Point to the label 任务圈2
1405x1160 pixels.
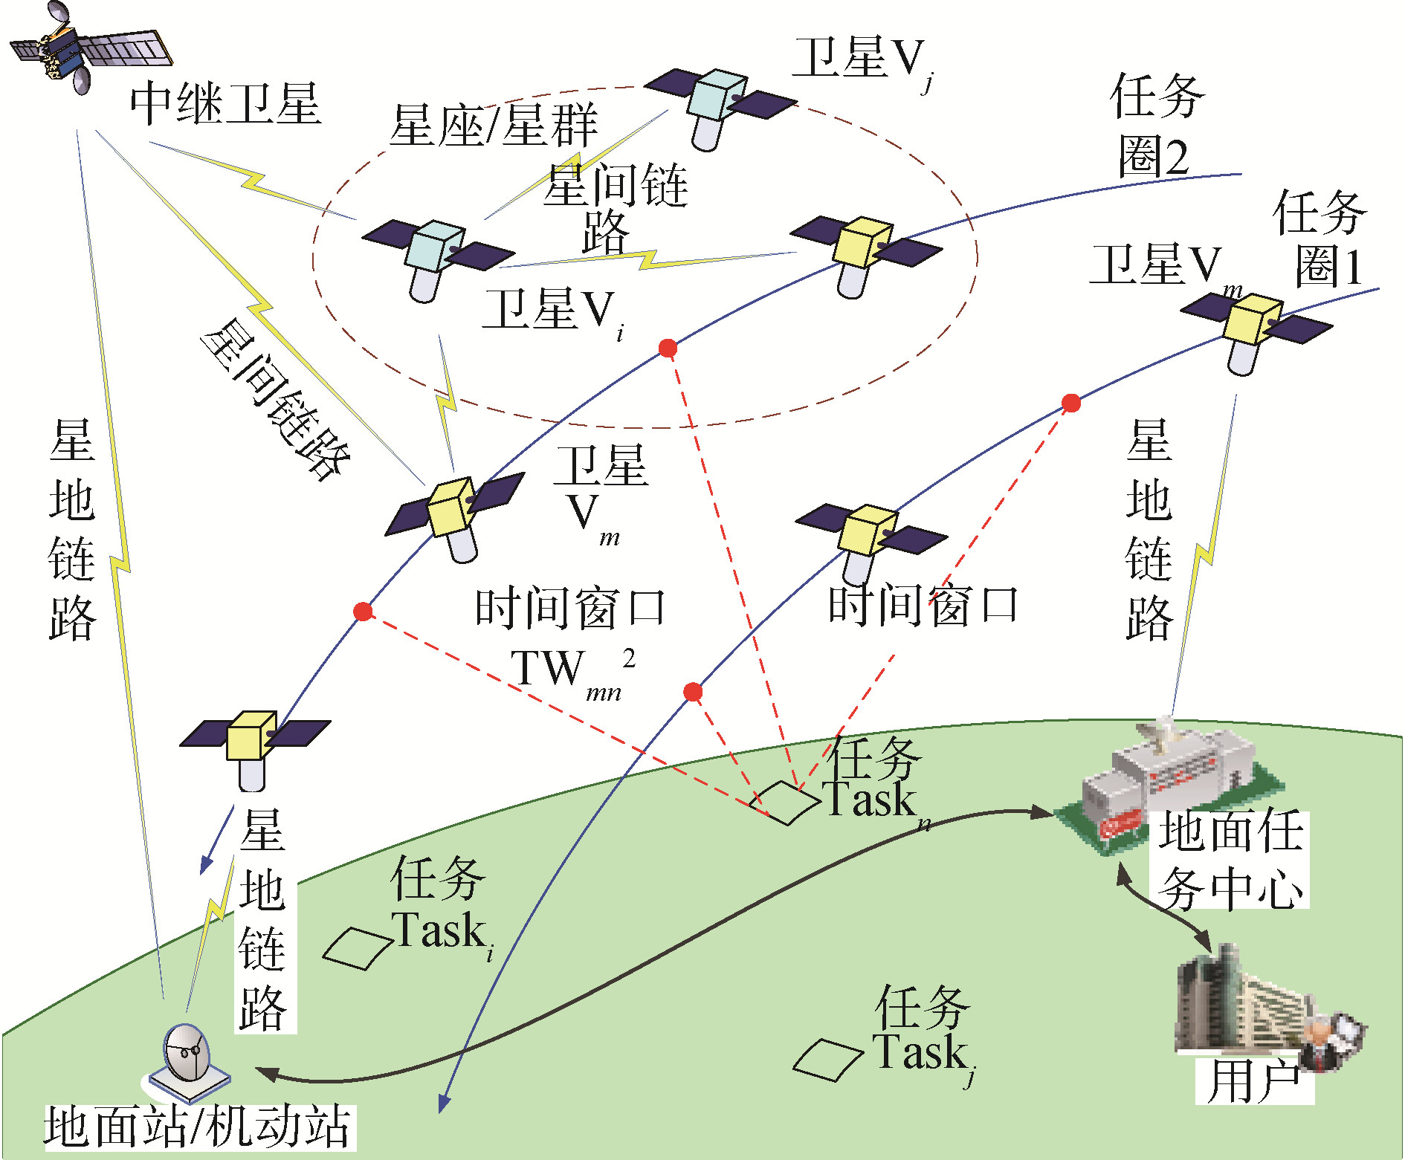pyautogui.click(x=1157, y=126)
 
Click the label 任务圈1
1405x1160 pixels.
pyautogui.click(x=1320, y=238)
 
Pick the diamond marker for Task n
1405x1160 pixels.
pyautogui.click(x=784, y=803)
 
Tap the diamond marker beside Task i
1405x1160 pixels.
pyautogui.click(x=357, y=948)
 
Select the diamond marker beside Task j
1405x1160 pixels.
pyautogui.click(x=827, y=1060)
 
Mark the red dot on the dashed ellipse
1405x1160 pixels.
pyautogui.click(x=668, y=348)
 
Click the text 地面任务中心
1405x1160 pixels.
pyautogui.click(x=1230, y=859)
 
